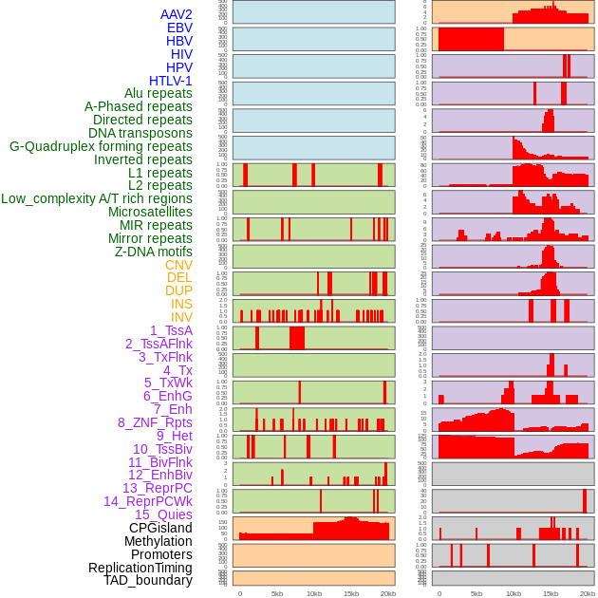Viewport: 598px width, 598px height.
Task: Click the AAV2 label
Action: (177, 14)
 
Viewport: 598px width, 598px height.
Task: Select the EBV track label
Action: (179, 28)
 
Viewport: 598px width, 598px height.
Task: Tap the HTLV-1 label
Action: (171, 81)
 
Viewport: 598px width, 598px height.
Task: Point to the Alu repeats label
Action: (159, 93)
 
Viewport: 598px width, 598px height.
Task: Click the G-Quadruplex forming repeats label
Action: (101, 146)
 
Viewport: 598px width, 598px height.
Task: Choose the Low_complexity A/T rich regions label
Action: (97, 198)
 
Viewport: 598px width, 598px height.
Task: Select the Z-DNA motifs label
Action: (154, 252)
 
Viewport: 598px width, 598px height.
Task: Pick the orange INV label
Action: (181, 317)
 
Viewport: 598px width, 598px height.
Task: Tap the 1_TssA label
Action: (171, 330)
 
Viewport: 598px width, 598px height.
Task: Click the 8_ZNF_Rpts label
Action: (155, 422)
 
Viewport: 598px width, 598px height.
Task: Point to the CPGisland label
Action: (160, 528)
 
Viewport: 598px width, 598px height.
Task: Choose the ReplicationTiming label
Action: (140, 568)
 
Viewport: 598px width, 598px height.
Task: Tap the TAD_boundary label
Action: (148, 580)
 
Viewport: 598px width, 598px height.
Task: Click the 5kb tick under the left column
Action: (277, 593)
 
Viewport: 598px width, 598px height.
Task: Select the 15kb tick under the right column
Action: (551, 593)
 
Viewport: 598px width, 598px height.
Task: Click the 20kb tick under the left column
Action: (387, 593)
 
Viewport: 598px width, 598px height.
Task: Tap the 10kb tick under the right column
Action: (514, 593)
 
